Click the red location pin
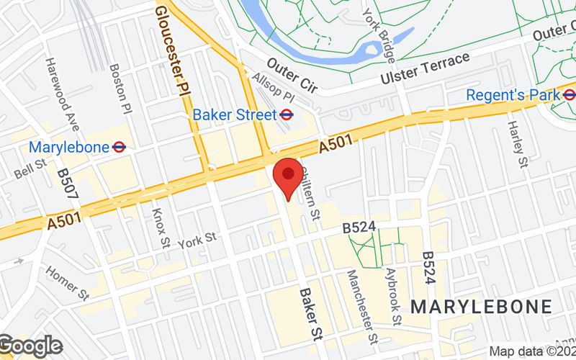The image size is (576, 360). [x=288, y=176]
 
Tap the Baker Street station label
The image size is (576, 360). [x=234, y=114]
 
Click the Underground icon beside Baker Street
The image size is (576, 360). [x=286, y=114]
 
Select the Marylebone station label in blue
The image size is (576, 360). [x=69, y=147]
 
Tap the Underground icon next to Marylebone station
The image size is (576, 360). [x=120, y=147]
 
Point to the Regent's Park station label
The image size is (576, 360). [x=513, y=95]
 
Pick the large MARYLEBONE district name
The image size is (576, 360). [x=481, y=306]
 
